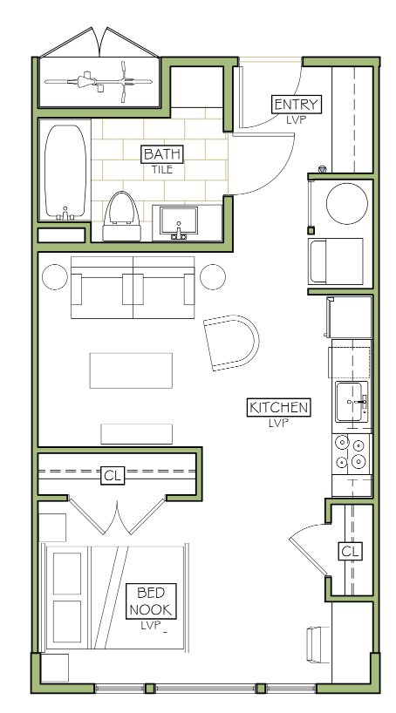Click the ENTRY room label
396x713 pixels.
point(297,105)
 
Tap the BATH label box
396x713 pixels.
point(162,154)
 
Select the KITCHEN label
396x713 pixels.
point(278,407)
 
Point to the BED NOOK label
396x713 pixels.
point(151,601)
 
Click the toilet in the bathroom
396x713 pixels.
point(121,216)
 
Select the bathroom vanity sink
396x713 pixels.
point(179,223)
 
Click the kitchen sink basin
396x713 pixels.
point(352,402)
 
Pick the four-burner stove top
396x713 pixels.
point(351,454)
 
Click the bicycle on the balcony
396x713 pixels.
point(99,82)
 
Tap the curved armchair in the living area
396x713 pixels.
point(231,342)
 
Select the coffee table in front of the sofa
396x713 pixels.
point(131,370)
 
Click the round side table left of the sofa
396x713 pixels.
point(55,277)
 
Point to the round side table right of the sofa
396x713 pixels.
point(213,277)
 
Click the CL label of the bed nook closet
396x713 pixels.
point(113,476)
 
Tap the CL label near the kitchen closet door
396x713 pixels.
point(350,551)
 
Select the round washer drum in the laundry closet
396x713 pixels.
point(347,204)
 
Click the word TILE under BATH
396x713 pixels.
point(162,170)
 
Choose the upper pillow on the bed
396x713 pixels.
point(67,573)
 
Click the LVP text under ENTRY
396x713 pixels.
point(296,120)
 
